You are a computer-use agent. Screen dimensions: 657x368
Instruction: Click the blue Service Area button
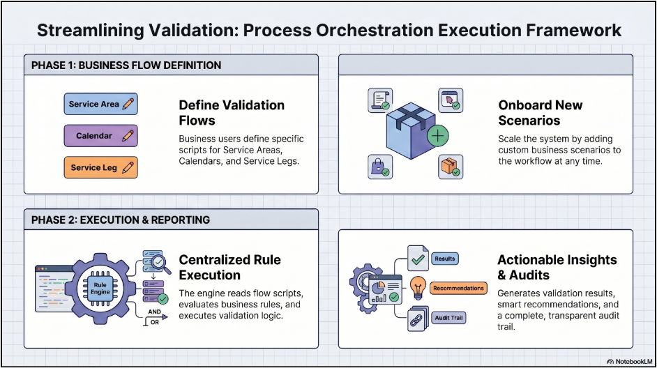tap(100, 104)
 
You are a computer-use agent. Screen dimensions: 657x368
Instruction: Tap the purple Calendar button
tap(100, 136)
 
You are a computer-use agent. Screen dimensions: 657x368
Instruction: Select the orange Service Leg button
tap(100, 167)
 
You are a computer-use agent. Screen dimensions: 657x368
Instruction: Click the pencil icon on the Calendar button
tap(128, 135)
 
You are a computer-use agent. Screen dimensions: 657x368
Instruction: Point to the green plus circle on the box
tap(438, 136)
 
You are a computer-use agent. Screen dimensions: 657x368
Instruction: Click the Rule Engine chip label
tap(100, 289)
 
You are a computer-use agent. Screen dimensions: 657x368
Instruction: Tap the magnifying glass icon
tap(160, 263)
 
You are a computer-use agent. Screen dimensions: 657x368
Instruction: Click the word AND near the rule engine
tap(154, 312)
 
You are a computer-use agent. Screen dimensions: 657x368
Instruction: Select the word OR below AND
tap(155, 323)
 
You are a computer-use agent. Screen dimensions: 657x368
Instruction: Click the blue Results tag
tap(444, 259)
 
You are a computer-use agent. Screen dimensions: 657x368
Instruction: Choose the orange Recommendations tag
tap(458, 288)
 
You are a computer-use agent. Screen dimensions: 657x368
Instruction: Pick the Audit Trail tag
tap(448, 318)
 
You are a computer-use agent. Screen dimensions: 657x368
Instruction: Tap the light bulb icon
tap(418, 288)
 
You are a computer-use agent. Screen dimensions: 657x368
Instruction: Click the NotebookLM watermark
tap(629, 361)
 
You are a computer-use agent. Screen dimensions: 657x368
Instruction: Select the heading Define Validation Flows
tap(232, 113)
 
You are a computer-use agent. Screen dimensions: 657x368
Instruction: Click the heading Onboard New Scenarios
tap(540, 113)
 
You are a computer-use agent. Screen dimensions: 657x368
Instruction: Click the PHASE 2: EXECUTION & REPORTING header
tap(121, 220)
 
